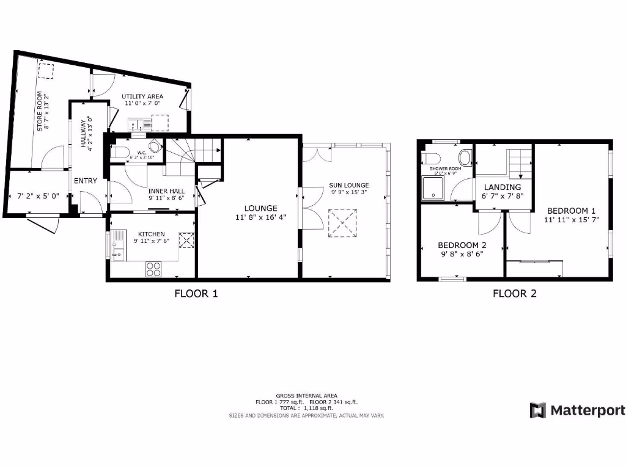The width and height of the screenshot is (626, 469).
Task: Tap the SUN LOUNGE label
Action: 348,184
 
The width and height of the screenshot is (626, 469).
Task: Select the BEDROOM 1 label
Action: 572,211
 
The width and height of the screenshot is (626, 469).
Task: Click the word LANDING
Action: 503,187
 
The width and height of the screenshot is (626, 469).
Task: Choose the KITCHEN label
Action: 151,234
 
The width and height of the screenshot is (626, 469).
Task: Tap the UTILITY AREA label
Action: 142,96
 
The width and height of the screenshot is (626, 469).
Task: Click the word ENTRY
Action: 86,181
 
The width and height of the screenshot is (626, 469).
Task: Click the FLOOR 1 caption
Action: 196,293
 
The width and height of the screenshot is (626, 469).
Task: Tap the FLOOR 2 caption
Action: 515,293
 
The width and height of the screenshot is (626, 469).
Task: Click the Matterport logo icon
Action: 537,410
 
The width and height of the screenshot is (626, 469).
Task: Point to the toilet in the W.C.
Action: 120,152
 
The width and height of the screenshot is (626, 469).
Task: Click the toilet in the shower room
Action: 465,158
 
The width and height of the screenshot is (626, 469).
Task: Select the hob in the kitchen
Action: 153,269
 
